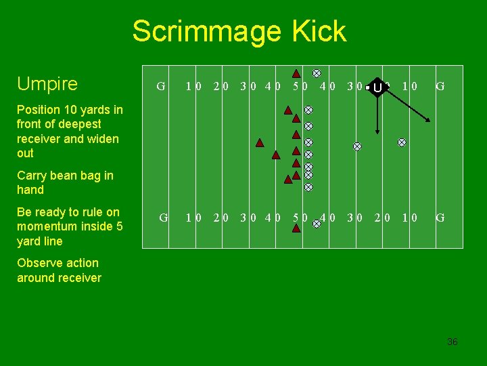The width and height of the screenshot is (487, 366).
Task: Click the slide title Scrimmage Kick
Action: click(239, 31)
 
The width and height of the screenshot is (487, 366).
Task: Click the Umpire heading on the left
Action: click(47, 84)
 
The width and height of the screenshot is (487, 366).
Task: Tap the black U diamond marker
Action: click(377, 87)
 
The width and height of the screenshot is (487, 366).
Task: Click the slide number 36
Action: click(452, 342)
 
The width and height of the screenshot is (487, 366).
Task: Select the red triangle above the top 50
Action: click(296, 73)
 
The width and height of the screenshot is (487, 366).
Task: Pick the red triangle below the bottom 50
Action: click(296, 228)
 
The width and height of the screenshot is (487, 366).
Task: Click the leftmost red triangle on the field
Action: click(260, 142)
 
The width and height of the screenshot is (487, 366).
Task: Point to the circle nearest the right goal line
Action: click(402, 142)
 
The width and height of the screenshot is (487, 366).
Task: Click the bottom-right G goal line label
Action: click(440, 218)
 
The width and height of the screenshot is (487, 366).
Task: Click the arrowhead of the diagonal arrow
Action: click(428, 121)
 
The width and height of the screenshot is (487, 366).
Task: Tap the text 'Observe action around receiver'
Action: click(58, 270)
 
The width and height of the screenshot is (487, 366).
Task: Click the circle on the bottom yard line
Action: click(317, 222)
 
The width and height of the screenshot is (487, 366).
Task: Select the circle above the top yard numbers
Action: click(317, 73)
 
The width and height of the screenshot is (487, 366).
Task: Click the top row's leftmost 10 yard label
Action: click(193, 86)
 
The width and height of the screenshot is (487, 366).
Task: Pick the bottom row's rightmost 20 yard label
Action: click(382, 218)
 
